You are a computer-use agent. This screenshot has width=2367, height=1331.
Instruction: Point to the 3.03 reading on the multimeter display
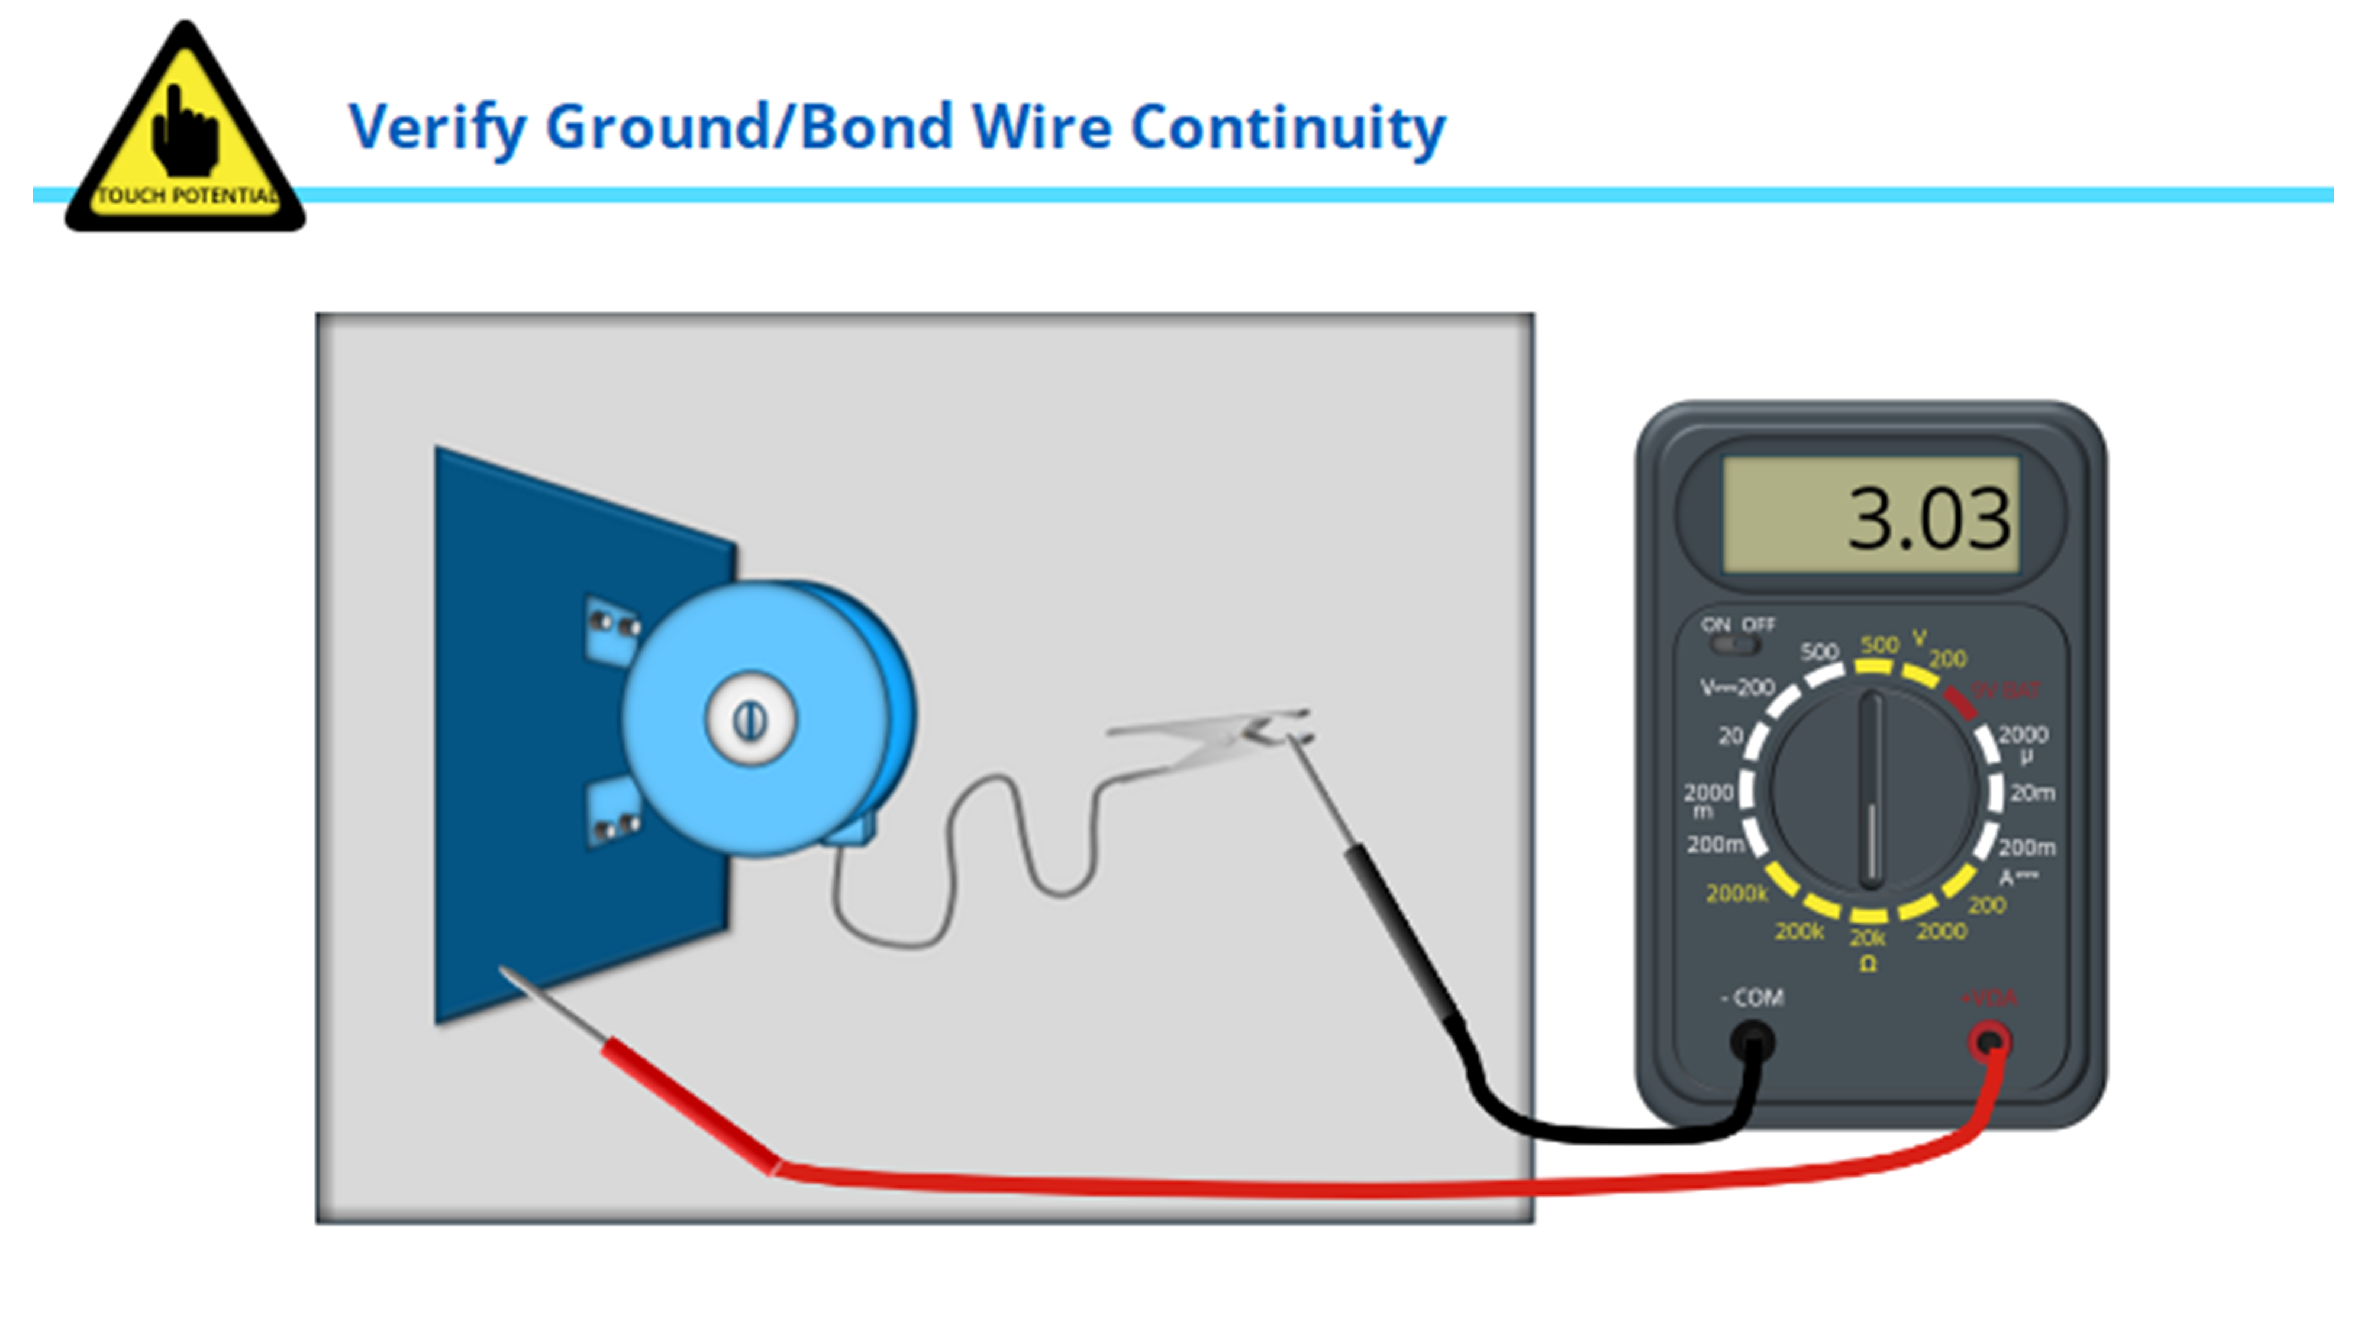coord(1927,519)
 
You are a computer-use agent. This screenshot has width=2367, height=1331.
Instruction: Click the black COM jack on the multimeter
coord(1752,1042)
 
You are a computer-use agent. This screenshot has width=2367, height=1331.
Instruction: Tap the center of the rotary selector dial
coord(1871,790)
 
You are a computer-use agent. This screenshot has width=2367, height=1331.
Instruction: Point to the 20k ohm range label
coord(1867,938)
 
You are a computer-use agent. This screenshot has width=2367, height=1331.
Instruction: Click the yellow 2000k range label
coord(1736,893)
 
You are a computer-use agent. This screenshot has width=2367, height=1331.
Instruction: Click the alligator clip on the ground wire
coord(1213,735)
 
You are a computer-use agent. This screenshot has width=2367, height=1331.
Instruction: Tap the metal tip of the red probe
coord(552,1004)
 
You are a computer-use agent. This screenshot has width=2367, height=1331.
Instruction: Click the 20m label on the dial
coord(2031,792)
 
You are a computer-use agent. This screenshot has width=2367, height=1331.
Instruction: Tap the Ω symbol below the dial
coord(1867,962)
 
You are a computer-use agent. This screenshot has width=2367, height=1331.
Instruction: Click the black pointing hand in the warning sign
coord(185,133)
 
